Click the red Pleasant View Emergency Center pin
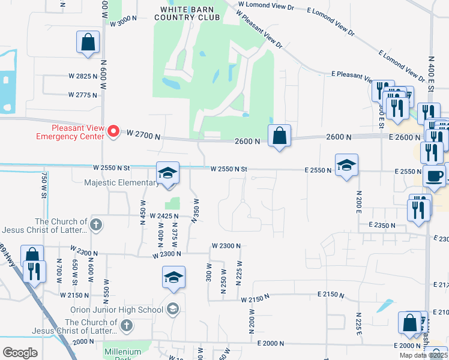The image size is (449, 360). (113, 131)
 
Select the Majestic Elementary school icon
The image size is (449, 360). (167, 173)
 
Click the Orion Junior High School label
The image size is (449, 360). (124, 310)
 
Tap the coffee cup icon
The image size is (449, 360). (434, 176)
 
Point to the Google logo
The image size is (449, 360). (20, 353)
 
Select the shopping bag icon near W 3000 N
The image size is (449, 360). (88, 43)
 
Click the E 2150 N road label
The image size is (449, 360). (332, 295)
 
